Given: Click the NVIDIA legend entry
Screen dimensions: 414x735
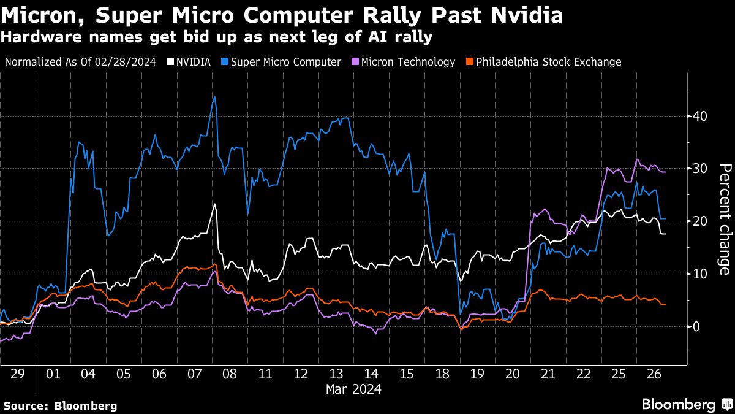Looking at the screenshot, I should (189, 62).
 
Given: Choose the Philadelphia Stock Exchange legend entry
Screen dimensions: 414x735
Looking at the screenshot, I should (543, 62).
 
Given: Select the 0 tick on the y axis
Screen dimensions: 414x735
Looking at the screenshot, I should (698, 326).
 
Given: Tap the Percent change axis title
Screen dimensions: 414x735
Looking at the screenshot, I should (724, 220).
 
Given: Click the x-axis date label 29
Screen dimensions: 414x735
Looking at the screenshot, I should (17, 374).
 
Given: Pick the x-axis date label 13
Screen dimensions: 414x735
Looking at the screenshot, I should (336, 374).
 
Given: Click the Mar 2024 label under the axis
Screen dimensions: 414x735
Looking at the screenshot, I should (353, 389).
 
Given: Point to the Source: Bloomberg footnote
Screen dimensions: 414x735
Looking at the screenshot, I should (60, 405).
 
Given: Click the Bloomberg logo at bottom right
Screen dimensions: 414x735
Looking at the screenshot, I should (686, 404).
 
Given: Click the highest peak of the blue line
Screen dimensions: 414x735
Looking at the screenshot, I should (214, 96).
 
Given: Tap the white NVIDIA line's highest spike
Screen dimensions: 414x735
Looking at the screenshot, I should (215, 204).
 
